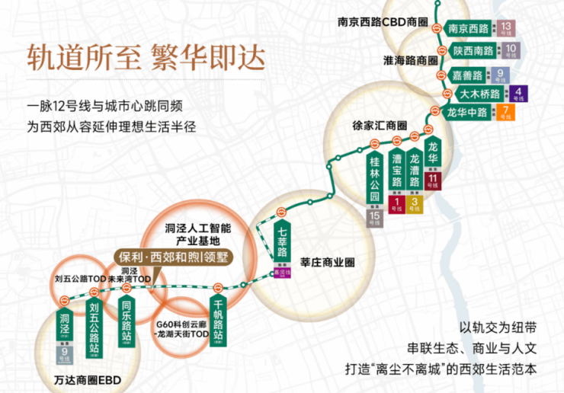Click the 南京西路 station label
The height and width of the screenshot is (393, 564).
469,29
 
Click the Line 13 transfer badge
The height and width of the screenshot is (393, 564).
508,29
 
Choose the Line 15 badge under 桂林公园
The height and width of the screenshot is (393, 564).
375,218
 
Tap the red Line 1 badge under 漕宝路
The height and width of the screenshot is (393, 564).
396,204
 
